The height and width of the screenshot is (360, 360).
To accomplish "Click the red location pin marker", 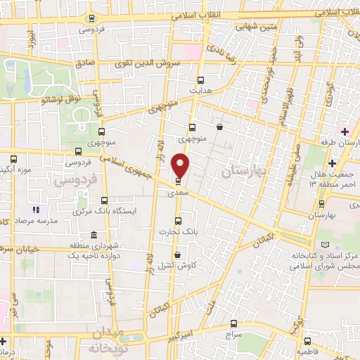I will point(181,166).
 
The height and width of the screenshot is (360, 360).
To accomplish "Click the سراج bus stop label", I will point(233,337).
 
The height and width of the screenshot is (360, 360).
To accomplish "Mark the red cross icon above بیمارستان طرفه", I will point(344,131).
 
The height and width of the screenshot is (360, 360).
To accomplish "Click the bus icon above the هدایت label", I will point(200,80).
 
